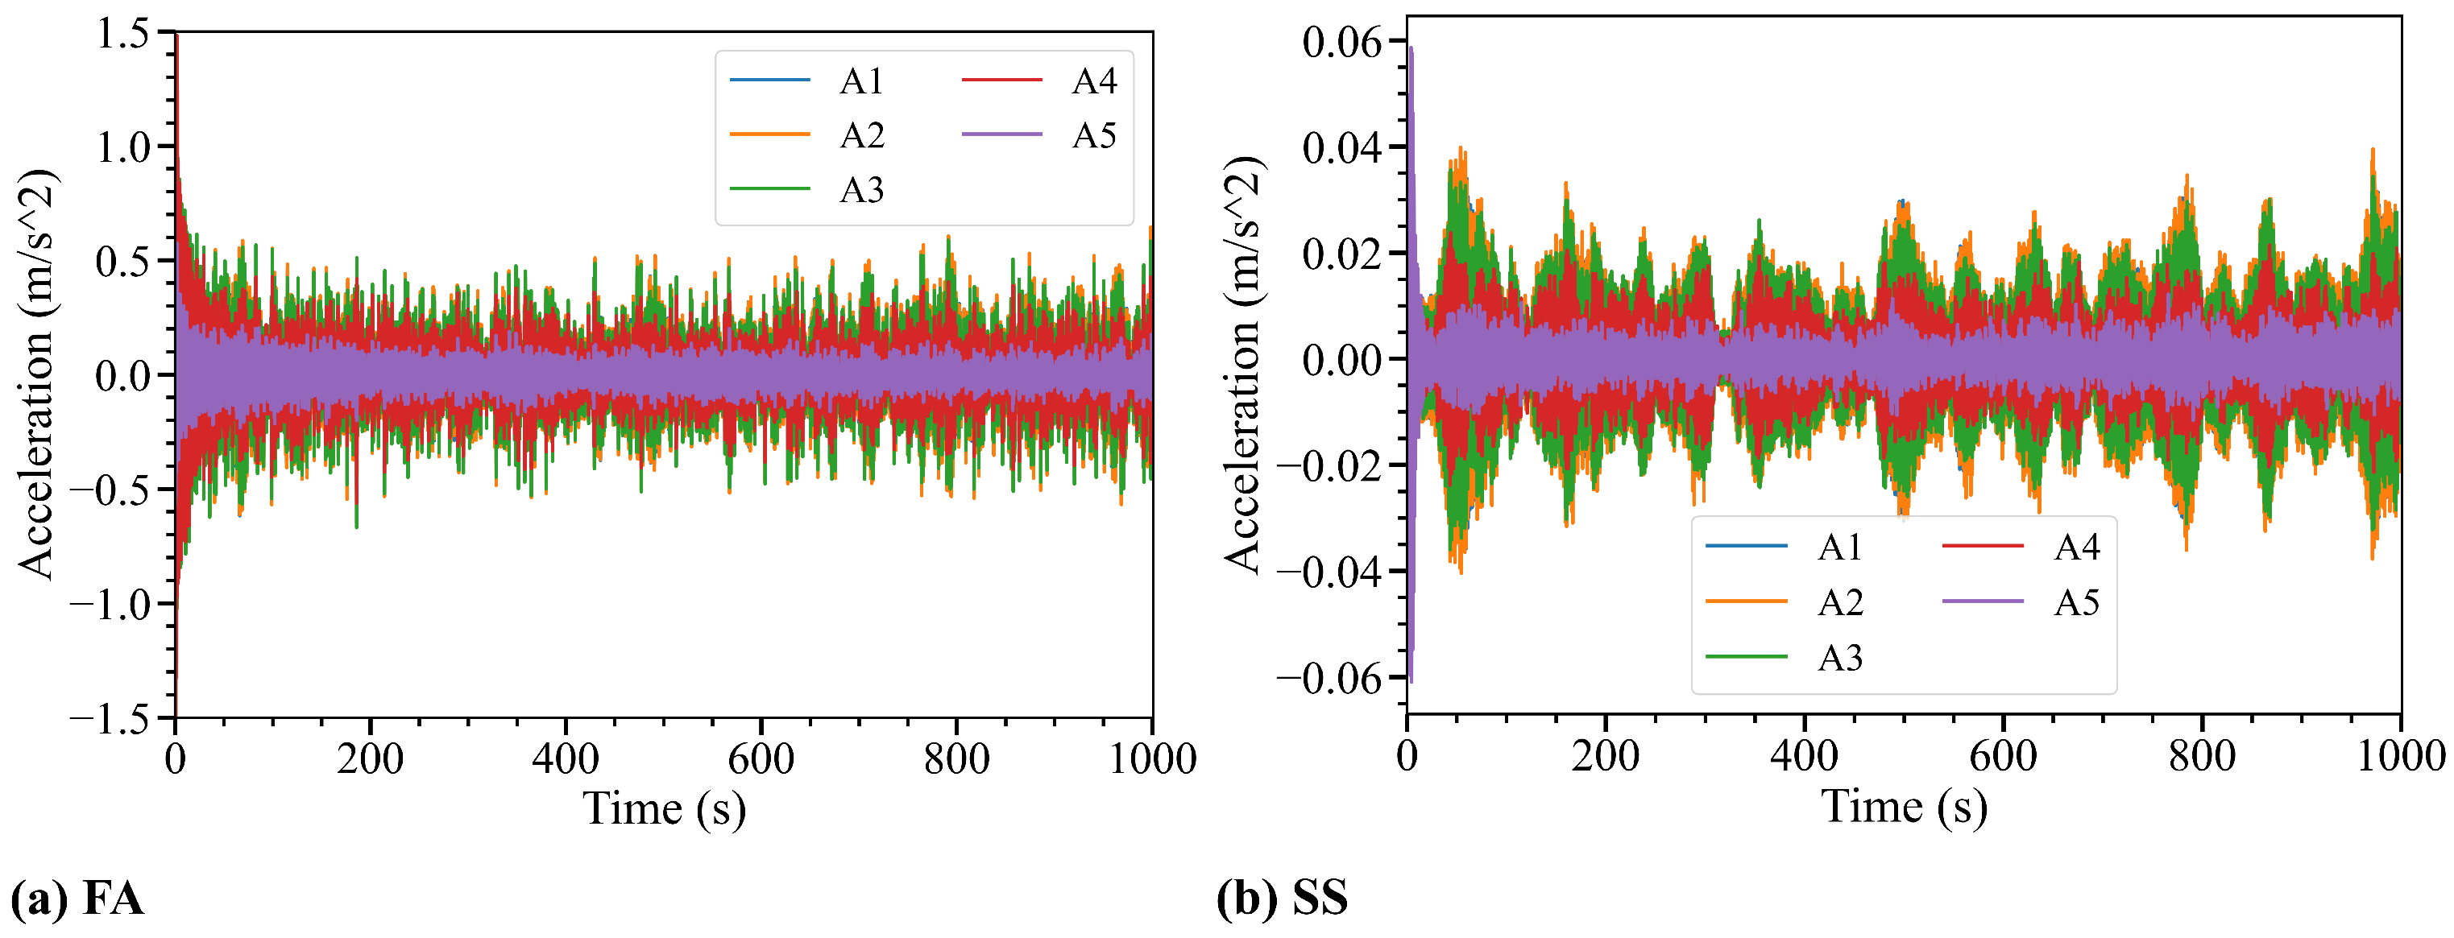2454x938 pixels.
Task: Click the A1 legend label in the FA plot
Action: (x=861, y=82)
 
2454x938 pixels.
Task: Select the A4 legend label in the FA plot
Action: (x=1093, y=82)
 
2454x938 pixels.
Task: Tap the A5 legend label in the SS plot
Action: (x=2077, y=603)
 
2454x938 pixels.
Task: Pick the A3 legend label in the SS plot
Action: (x=1839, y=658)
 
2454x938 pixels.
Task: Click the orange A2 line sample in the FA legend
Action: (x=769, y=135)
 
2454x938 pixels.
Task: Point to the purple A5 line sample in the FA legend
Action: (x=1002, y=135)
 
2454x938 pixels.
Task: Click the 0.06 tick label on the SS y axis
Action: (x=1341, y=43)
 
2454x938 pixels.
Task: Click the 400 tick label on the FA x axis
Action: (x=565, y=760)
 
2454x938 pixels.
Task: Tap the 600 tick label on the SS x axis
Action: (x=2003, y=757)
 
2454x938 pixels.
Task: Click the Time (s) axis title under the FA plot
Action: (x=664, y=809)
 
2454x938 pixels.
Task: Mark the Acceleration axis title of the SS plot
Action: (x=1243, y=365)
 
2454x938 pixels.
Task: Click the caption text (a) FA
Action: (x=77, y=898)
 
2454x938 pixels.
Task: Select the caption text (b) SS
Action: (x=1281, y=898)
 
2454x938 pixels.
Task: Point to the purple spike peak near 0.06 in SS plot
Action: (x=1411, y=48)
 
